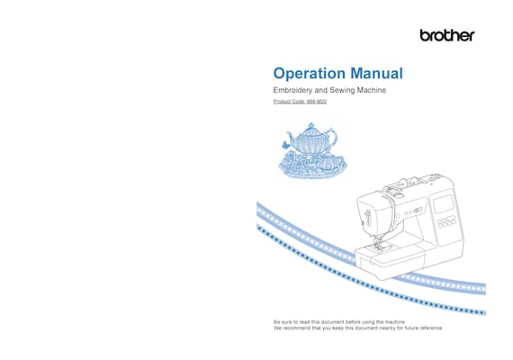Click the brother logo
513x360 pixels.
coord(447,35)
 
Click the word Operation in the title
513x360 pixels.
coord(310,74)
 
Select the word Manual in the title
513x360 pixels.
coord(376,73)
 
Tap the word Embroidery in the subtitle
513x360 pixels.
coord(292,90)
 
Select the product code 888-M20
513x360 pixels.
coord(317,102)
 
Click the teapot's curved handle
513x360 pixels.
coord(331,137)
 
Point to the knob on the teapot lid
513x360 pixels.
coord(310,125)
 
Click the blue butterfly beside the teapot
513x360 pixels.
coord(285,144)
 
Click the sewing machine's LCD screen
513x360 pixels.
coord(444,204)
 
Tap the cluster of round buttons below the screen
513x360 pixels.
coord(446,221)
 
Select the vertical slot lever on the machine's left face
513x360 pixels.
coord(368,218)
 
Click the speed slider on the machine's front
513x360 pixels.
coord(417,210)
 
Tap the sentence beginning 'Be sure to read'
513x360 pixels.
coord(339,322)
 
